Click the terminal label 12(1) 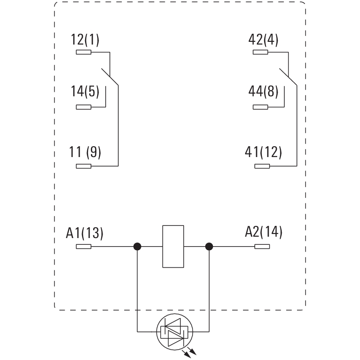click(85, 40)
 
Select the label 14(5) click(85, 91)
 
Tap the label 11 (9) click(85, 152)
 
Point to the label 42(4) click(263, 40)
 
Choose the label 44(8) click(263, 91)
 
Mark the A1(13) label click(85, 233)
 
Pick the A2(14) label click(264, 233)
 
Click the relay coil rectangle click(173, 247)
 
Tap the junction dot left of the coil click(137, 247)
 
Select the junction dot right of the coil click(209, 247)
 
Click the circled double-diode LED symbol click(173, 332)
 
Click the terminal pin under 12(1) click(84, 53)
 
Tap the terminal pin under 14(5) click(84, 107)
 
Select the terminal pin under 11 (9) click(84, 166)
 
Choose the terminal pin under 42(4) click(261, 53)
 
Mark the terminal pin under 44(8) click(261, 107)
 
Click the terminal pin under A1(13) click(84, 247)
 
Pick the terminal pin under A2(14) click(262, 247)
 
